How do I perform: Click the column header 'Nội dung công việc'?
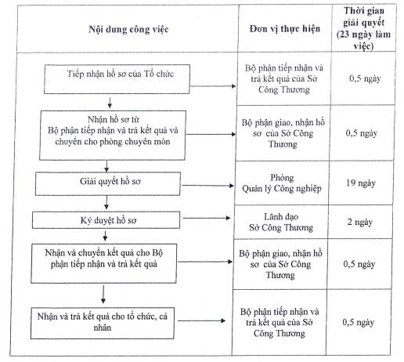tap(128, 29)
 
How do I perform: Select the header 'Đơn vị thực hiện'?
tap(285, 28)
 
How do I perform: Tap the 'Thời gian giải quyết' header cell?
tap(364, 28)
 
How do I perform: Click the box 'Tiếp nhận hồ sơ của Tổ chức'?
tap(117, 79)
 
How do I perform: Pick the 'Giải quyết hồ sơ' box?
tap(108, 183)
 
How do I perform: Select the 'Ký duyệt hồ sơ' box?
tap(106, 220)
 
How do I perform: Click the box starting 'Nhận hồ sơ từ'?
tap(113, 136)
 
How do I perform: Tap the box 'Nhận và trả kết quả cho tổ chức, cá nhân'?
tap(103, 323)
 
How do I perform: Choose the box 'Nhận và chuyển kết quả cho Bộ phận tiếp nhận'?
tap(104, 263)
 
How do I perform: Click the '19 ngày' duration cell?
tap(361, 183)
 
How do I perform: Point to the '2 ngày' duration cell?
tap(360, 222)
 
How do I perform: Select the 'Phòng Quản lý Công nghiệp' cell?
tap(282, 183)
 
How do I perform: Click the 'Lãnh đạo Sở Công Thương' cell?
tap(281, 223)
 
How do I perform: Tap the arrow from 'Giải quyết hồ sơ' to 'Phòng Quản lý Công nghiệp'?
tap(207, 186)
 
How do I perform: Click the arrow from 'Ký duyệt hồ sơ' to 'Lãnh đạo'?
tap(207, 218)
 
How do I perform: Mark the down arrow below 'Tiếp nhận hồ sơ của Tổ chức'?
tap(110, 103)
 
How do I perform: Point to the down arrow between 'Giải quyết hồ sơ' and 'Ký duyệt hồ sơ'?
tap(106, 203)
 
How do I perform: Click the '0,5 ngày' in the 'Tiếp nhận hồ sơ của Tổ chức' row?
tap(365, 78)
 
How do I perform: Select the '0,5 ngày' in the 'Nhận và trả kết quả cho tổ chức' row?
tap(359, 322)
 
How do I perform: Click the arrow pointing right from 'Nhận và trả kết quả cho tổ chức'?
tap(202, 320)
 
